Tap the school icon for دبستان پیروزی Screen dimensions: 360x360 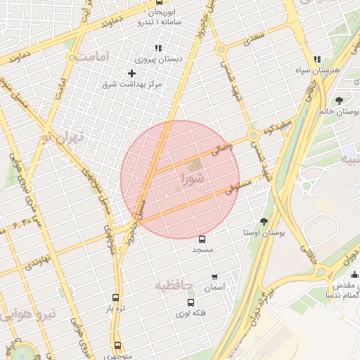[x=158, y=48]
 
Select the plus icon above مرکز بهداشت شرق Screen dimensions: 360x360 [x=131, y=73]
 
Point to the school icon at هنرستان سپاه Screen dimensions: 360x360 [x=317, y=60]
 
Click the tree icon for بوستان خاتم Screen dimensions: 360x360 [x=340, y=101]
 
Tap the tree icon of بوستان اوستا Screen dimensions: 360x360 [x=264, y=221]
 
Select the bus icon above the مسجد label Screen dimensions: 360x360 [x=202, y=239]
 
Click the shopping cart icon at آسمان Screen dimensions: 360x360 [x=214, y=277]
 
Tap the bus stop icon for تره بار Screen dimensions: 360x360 [x=116, y=297]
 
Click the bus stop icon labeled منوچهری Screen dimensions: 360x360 [x=117, y=345]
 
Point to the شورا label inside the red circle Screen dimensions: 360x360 [x=191, y=178]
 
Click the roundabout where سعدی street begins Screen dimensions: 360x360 [x=220, y=50]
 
